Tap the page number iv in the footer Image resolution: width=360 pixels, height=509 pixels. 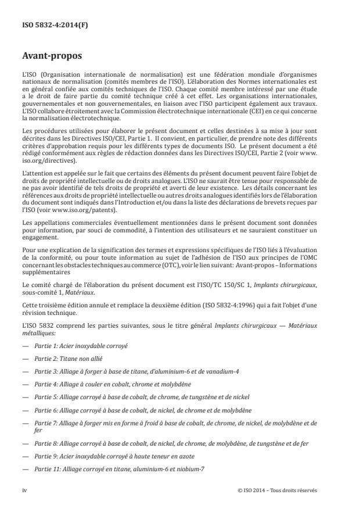click(x=25, y=490)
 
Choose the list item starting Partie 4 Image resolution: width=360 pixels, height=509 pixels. click(x=111, y=384)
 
